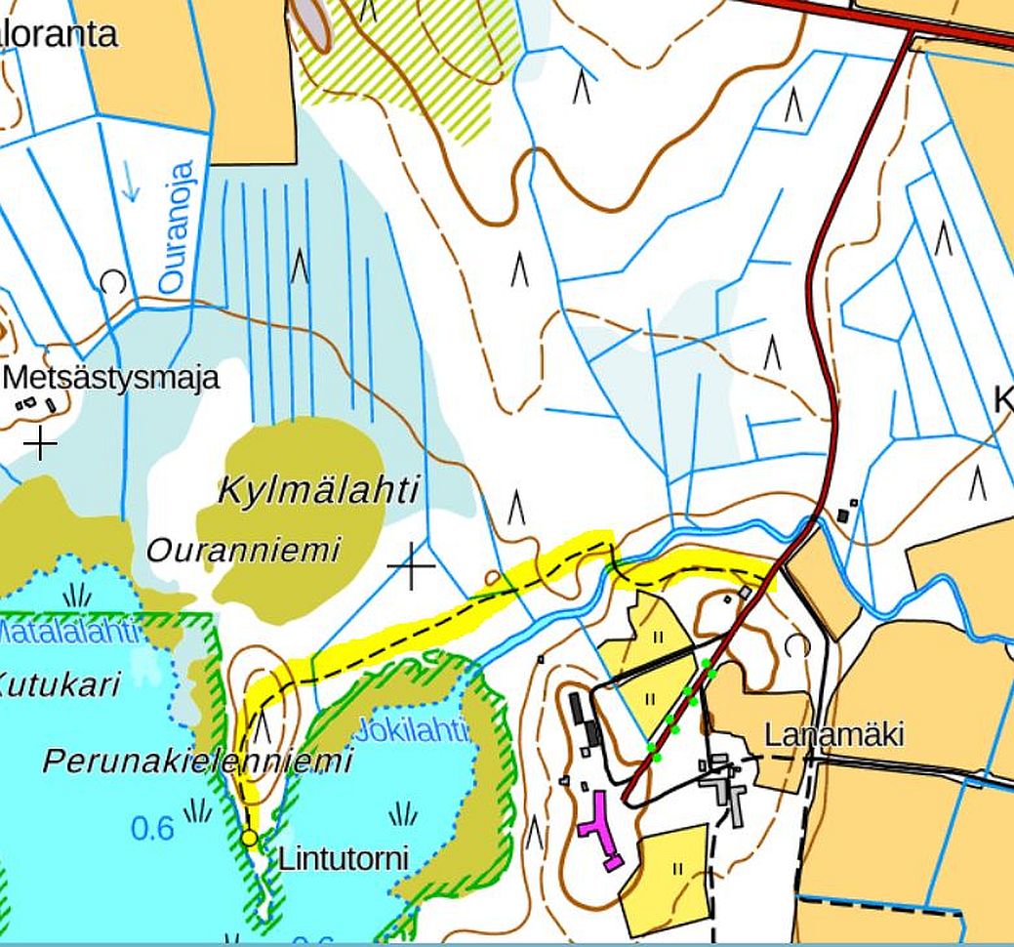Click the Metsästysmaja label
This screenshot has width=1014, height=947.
112,378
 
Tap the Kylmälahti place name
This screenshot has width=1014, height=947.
318,489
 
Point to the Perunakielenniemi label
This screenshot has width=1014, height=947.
197,762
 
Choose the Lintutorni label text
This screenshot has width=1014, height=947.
343,859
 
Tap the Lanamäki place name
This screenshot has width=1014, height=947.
833,734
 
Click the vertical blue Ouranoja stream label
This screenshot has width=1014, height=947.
173,226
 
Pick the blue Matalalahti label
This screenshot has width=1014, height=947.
68,632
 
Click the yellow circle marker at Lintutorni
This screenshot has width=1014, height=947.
249,838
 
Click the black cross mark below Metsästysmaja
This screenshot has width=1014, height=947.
39,443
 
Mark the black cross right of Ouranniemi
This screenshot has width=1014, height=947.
411,566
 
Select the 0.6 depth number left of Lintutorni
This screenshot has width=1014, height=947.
152,829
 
